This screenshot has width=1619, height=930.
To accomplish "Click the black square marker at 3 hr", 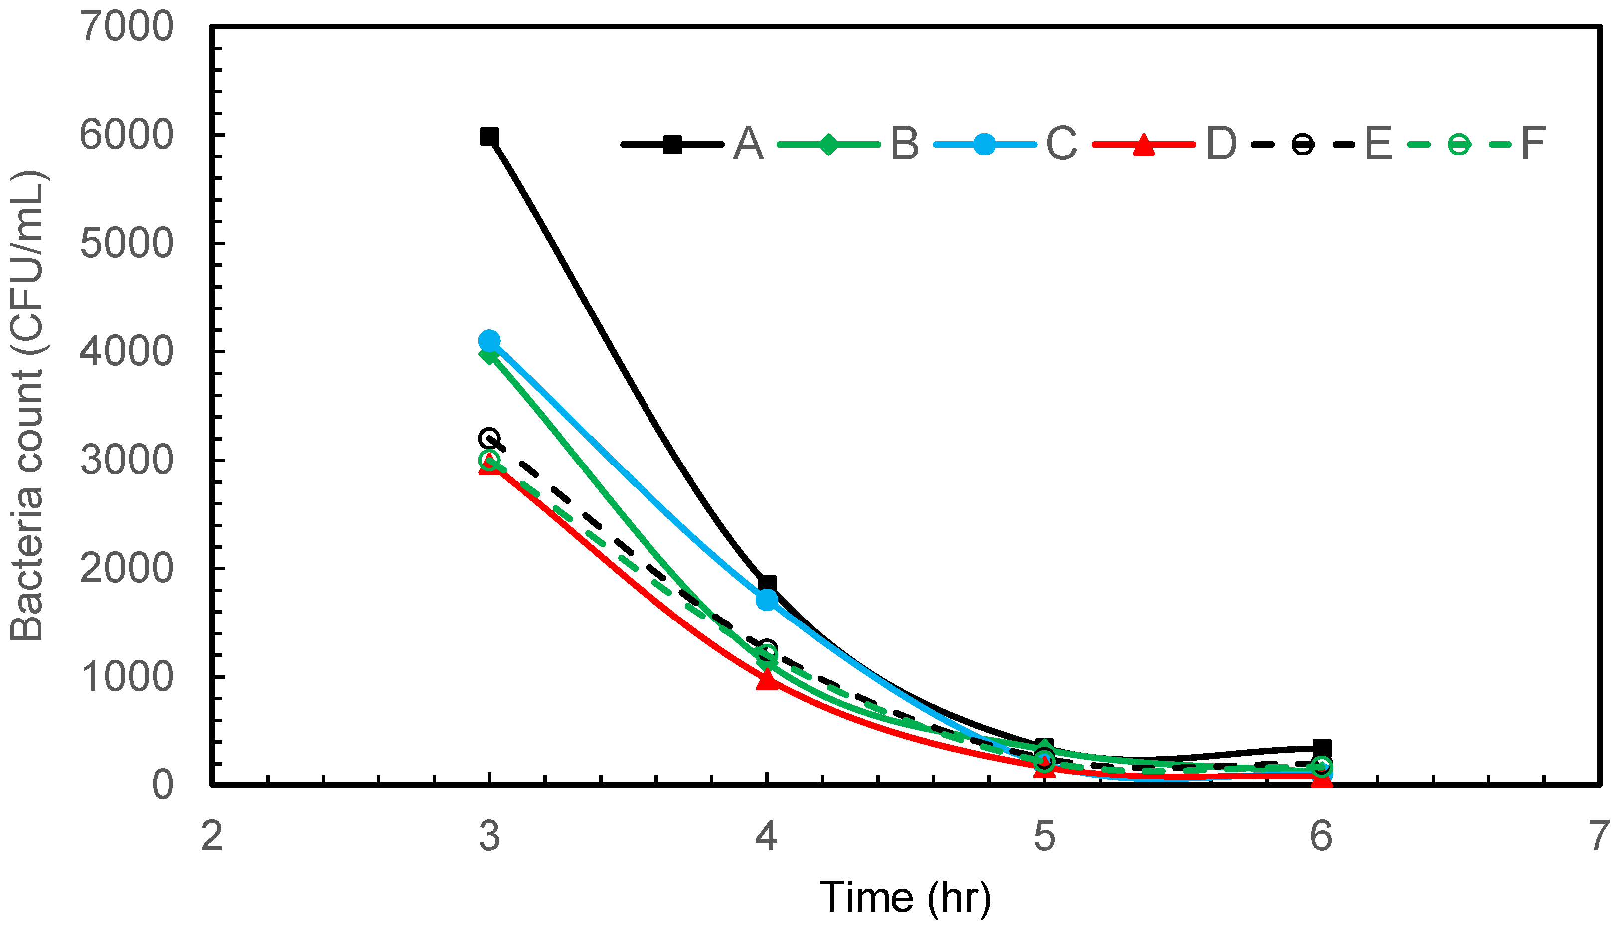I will pyautogui.click(x=489, y=136).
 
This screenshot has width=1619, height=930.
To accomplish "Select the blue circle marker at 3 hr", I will pyautogui.click(x=489, y=340).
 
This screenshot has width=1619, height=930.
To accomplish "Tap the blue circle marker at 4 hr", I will pyautogui.click(x=767, y=599).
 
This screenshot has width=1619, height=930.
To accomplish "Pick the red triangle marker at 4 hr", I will pyautogui.click(x=767, y=680).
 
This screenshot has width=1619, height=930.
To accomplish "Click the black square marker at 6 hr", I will pyautogui.click(x=1321, y=748).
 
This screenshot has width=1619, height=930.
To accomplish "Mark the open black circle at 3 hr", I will pyautogui.click(x=489, y=438).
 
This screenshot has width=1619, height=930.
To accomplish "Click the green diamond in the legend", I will pyautogui.click(x=828, y=145).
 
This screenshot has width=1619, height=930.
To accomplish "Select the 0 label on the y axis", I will pyautogui.click(x=162, y=785).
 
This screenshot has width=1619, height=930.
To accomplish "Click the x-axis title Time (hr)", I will pyautogui.click(x=905, y=898).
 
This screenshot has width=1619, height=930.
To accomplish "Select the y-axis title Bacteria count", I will pyautogui.click(x=27, y=406).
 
